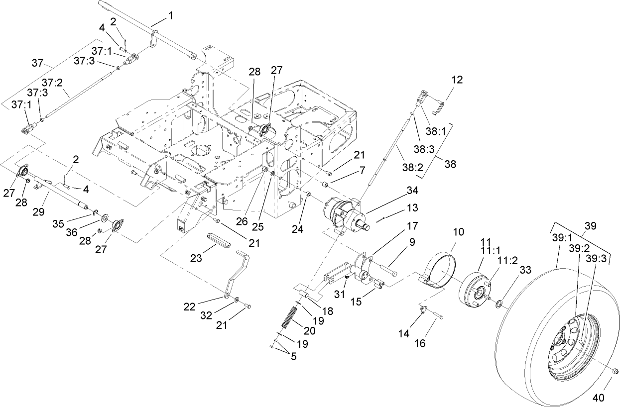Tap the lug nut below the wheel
click(614, 371)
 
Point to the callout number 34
click(412, 191)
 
